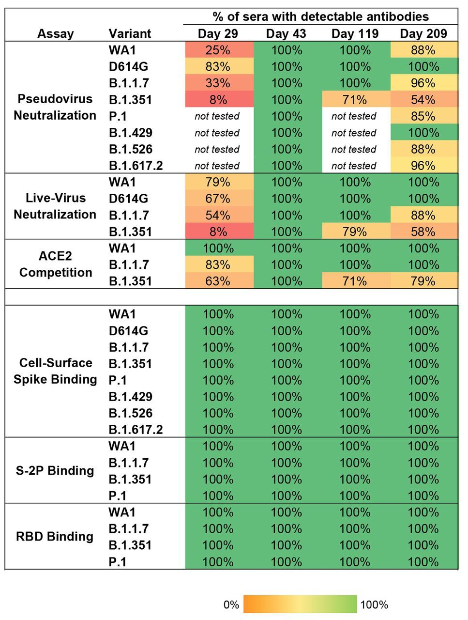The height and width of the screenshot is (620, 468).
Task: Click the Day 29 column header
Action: coord(218,33)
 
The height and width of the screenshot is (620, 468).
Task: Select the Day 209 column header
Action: coord(423,33)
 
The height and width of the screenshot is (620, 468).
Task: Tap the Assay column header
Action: coord(56,33)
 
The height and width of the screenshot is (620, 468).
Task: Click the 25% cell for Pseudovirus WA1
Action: coord(218,50)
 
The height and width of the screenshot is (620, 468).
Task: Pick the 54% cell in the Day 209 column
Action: coord(423,100)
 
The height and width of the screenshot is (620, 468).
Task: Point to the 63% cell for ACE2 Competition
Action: coord(218,281)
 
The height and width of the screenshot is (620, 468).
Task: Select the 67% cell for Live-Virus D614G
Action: coord(218,199)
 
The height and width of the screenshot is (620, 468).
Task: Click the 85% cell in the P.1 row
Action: coord(423,116)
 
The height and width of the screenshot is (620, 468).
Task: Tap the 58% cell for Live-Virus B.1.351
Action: coord(423,232)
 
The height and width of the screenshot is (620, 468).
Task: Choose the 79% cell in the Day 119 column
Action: coord(355,232)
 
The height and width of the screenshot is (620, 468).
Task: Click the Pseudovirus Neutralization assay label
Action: coord(55,107)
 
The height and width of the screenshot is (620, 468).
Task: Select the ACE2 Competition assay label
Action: coord(56,264)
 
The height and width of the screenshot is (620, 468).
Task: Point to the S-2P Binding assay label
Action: coord(55,470)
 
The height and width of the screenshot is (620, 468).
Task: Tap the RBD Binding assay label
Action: coord(55,536)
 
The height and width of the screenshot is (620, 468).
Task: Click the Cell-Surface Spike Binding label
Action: coord(55,371)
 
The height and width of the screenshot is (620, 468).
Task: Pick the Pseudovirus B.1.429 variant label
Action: coord(131,133)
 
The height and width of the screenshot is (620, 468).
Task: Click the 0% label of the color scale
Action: coord(231,604)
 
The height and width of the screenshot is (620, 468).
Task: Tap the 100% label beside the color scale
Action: coord(374,604)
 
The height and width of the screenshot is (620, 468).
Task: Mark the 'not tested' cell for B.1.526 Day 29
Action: coord(217,149)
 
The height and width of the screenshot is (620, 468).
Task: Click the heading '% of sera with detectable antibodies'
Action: coord(321,17)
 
